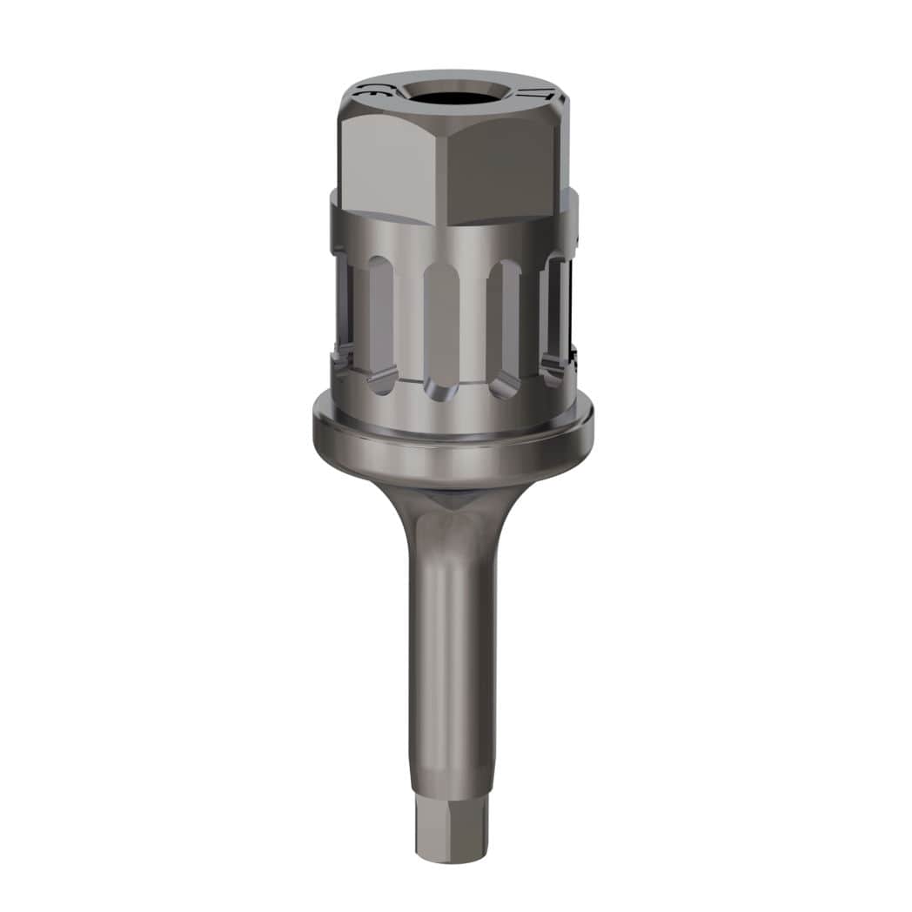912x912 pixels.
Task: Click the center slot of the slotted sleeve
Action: [x=441, y=322]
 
